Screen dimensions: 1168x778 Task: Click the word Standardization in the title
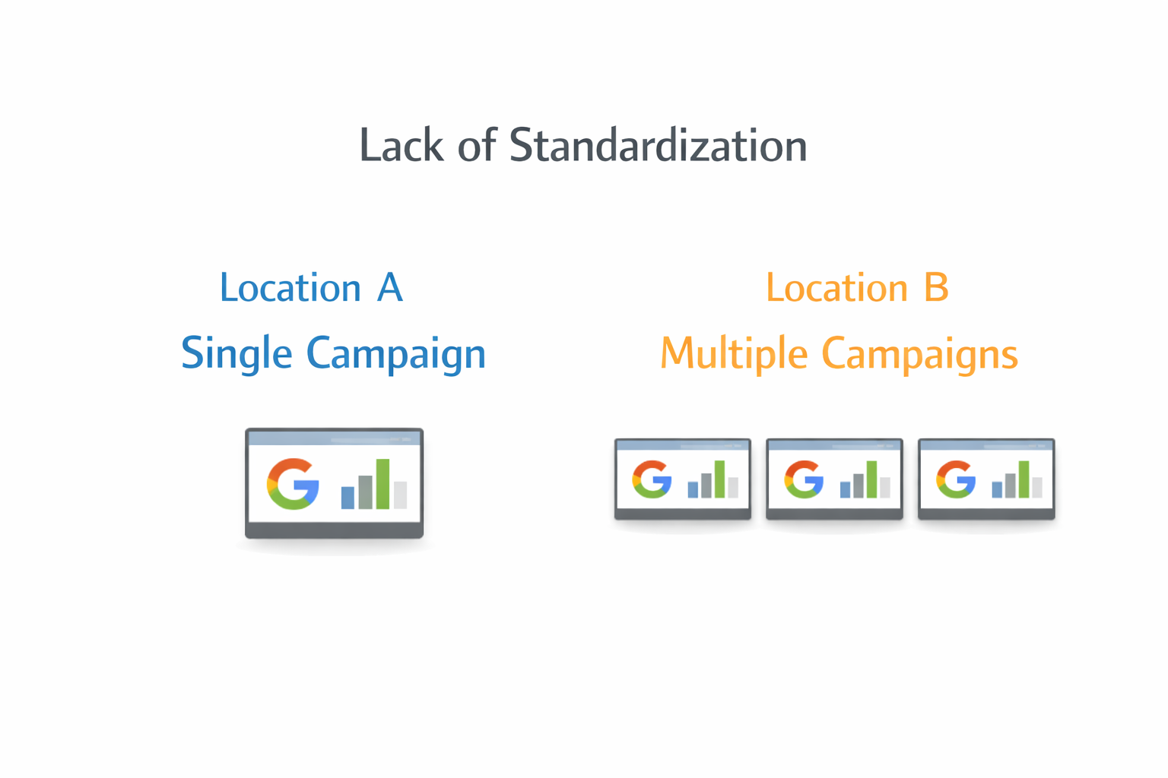pyautogui.click(x=658, y=146)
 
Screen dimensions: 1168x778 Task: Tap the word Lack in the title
pyautogui.click(x=401, y=146)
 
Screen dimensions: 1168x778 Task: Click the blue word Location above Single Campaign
pyautogui.click(x=290, y=289)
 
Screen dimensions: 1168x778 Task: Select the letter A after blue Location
pyautogui.click(x=389, y=288)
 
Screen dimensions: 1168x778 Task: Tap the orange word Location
pyautogui.click(x=836, y=289)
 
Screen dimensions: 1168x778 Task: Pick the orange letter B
pyautogui.click(x=936, y=288)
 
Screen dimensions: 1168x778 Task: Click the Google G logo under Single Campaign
pyautogui.click(x=293, y=484)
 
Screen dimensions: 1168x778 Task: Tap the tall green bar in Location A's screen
pyautogui.click(x=382, y=484)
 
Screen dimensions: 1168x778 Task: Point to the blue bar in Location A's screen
pyautogui.click(x=348, y=497)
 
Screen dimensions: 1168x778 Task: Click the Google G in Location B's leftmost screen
pyautogui.click(x=652, y=479)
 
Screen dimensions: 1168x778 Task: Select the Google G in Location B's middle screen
pyautogui.click(x=804, y=479)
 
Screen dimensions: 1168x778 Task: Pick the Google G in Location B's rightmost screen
pyautogui.click(x=956, y=479)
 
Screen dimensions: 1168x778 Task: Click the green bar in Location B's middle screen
pyautogui.click(x=871, y=479)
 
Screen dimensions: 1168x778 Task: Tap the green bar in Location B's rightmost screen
pyautogui.click(x=1024, y=479)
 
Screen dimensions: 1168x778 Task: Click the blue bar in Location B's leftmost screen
pyautogui.click(x=693, y=489)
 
